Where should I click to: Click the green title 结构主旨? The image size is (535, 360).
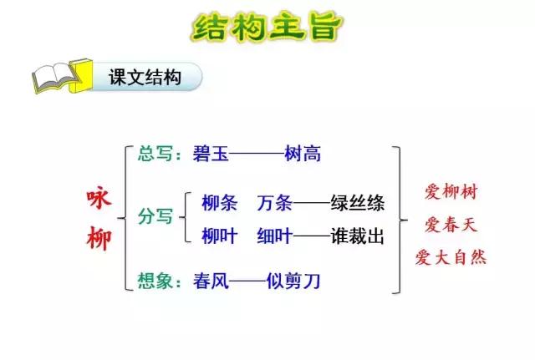pyautogui.click(x=267, y=26)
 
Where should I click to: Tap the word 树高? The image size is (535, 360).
pyautogui.click(x=302, y=153)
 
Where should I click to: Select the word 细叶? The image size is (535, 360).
pyautogui.click(x=275, y=236)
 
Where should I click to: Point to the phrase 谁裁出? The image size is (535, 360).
pyautogui.click(x=357, y=236)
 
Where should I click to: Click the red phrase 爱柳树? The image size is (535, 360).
pyautogui.click(x=451, y=192)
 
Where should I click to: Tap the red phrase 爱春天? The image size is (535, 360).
pyautogui.click(x=451, y=224)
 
